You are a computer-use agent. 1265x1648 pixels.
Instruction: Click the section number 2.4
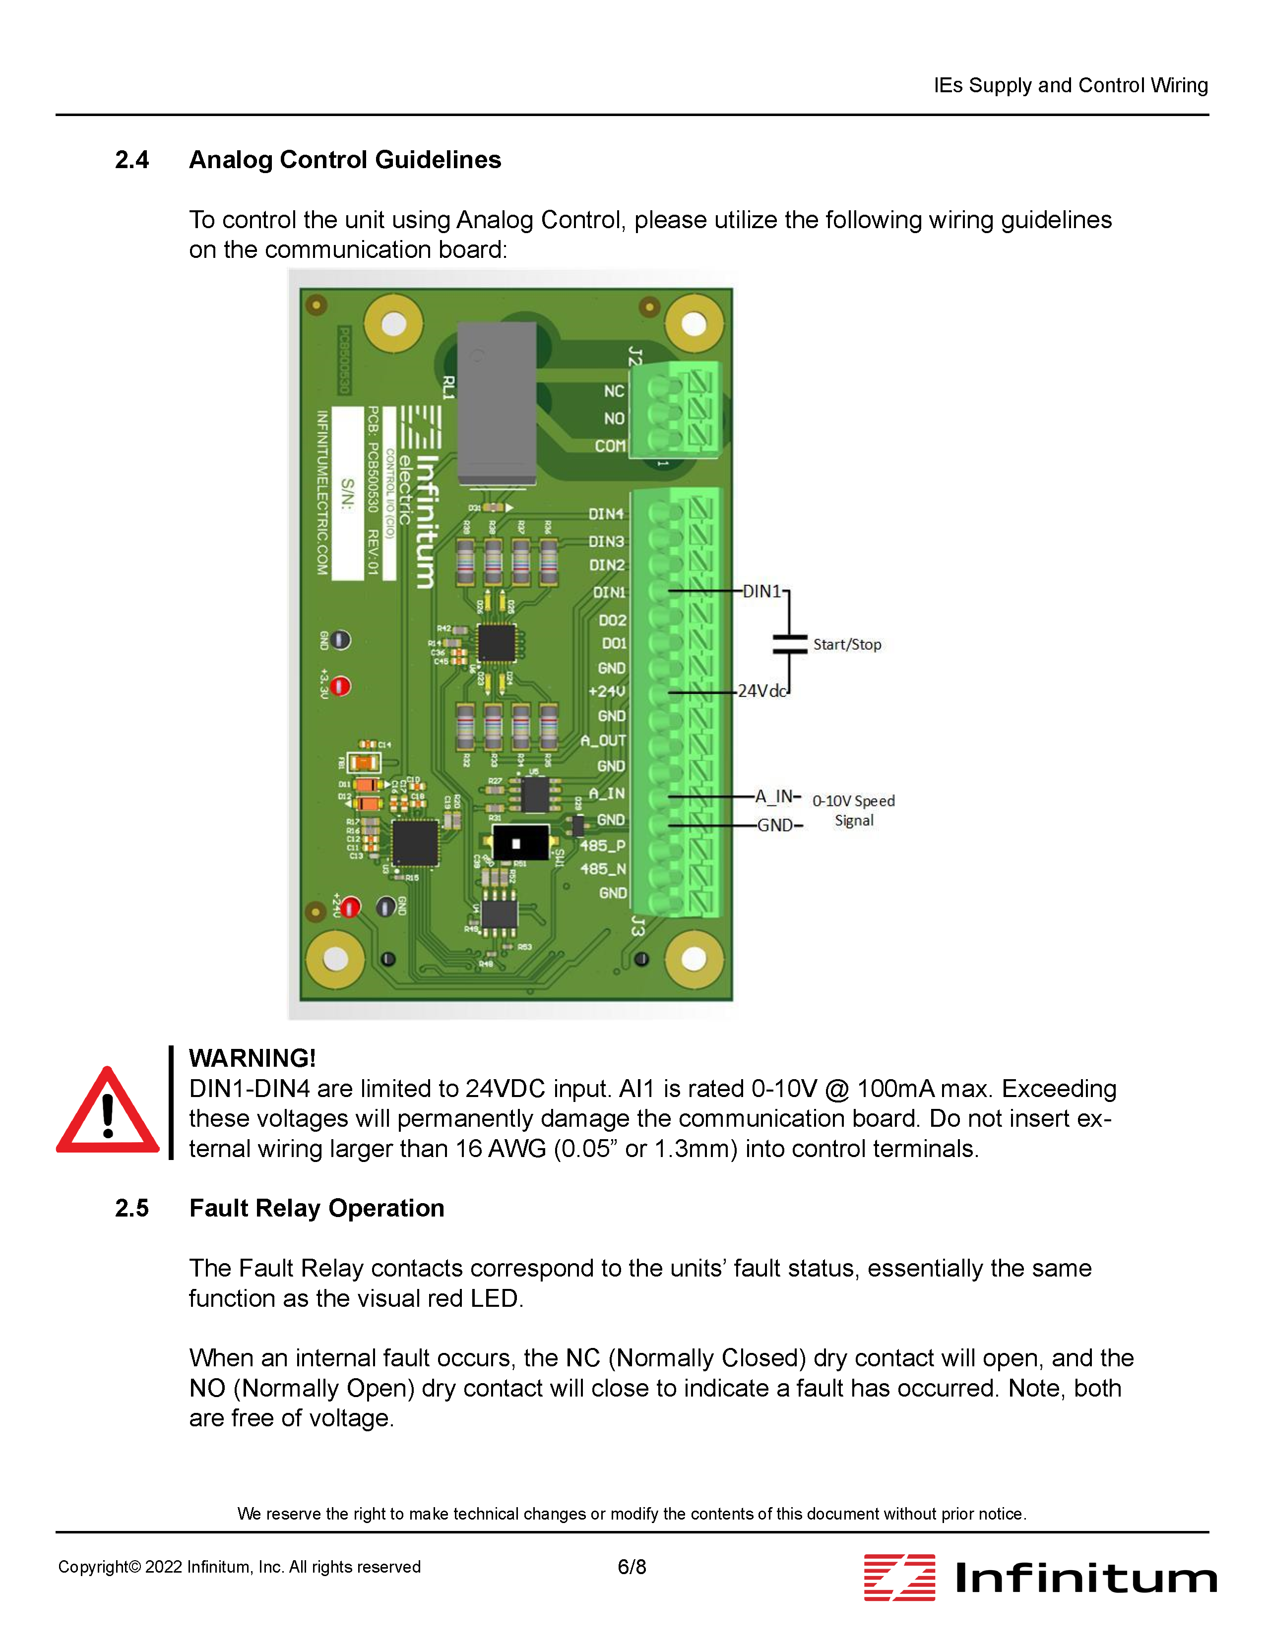[132, 160]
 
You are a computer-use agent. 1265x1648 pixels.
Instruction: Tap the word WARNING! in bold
[252, 1058]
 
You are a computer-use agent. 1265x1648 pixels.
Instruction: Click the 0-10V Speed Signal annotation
[854, 810]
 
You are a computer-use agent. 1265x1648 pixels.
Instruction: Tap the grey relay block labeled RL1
[497, 403]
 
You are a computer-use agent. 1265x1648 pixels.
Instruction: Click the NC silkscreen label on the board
[614, 391]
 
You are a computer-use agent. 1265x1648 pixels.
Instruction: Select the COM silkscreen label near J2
[610, 446]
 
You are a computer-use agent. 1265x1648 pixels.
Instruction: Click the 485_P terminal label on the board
[602, 846]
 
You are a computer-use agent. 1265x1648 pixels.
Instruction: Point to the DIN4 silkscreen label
[606, 513]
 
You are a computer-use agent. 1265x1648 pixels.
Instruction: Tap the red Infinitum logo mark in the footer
[899, 1577]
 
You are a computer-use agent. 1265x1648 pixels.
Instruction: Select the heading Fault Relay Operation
[316, 1208]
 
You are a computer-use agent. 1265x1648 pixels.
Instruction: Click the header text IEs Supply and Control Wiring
[1070, 85]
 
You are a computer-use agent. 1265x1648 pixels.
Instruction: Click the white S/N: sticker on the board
[348, 493]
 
